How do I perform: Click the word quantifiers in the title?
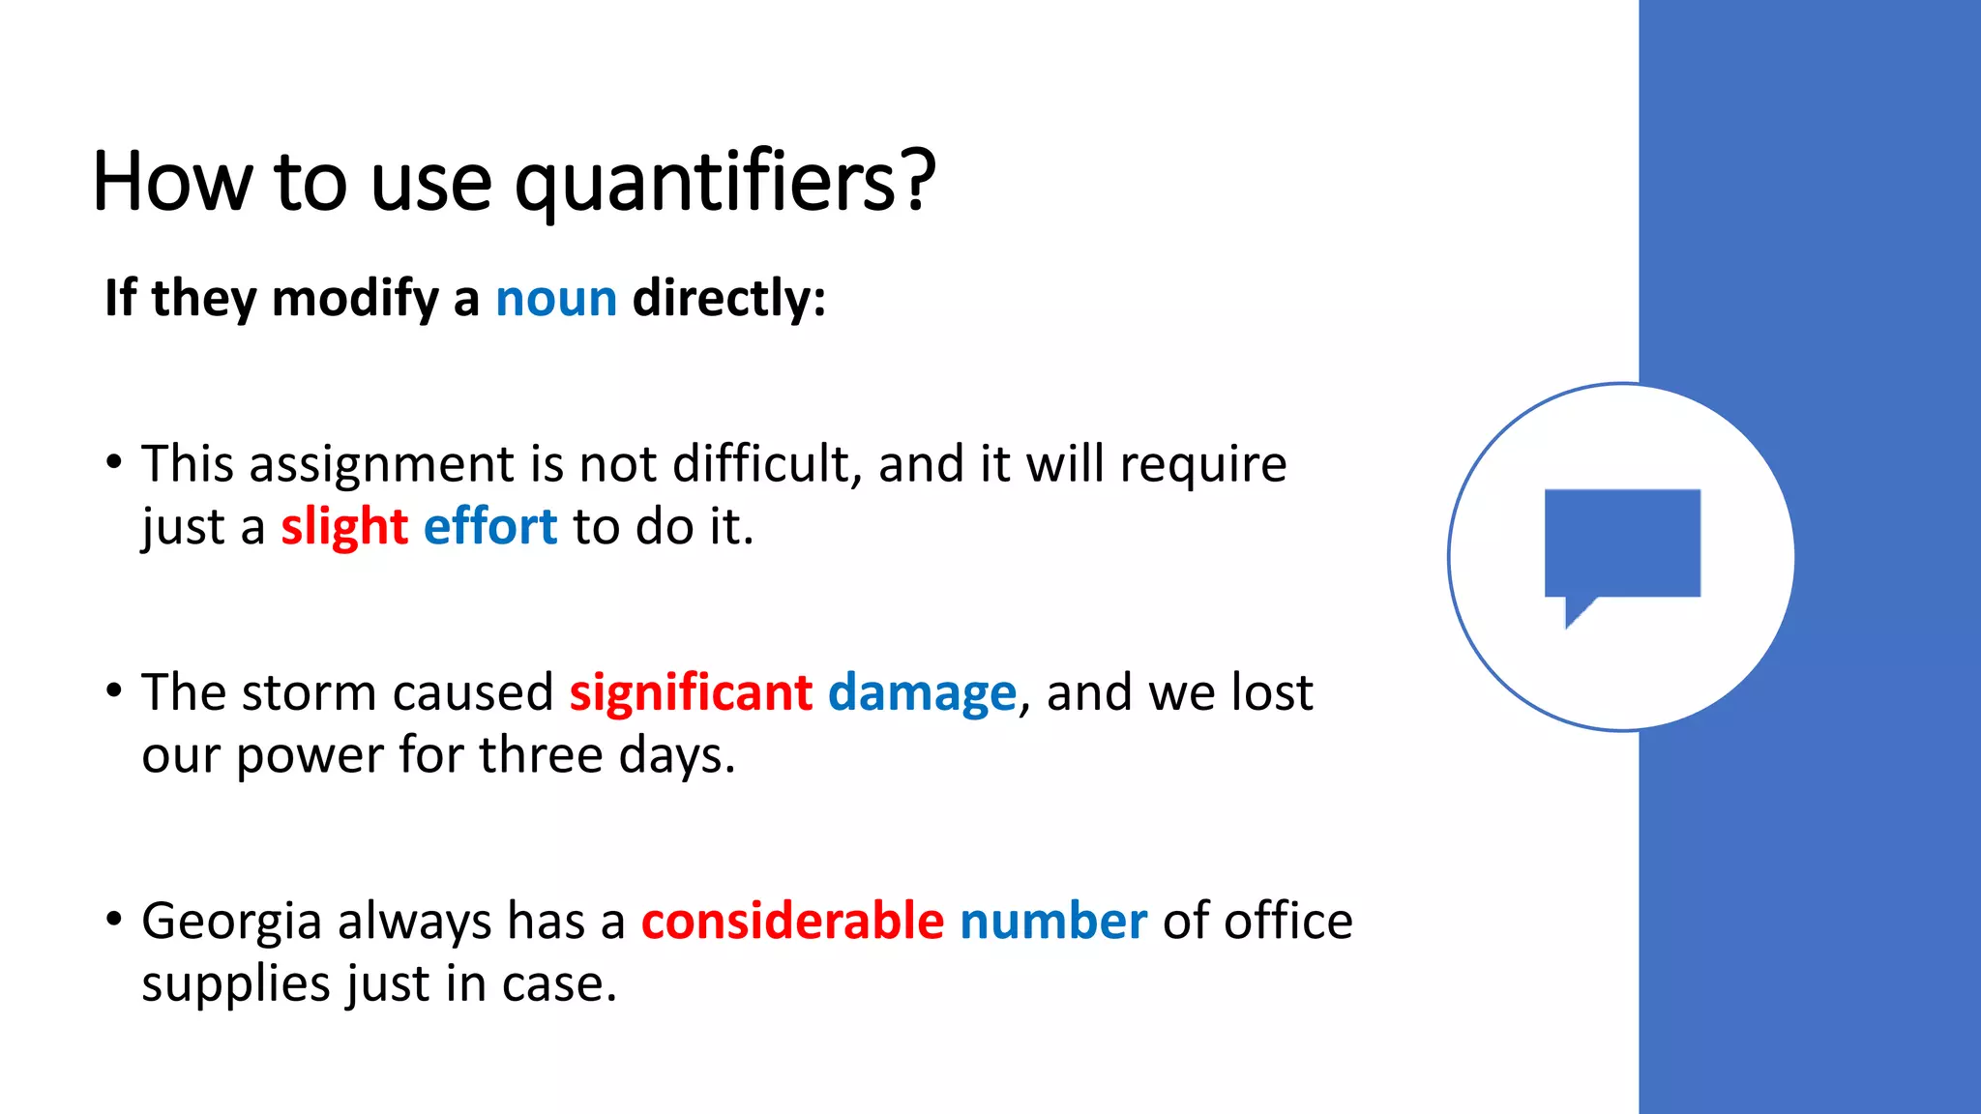tap(724, 182)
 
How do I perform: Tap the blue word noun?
tap(556, 298)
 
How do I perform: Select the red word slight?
tap(344, 528)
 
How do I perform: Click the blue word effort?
tap(490, 527)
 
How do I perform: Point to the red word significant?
tap(691, 693)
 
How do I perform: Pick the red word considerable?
tap(792, 921)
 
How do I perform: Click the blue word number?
tap(1052, 921)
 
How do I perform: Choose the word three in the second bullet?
tap(541, 755)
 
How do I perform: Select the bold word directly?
tap(728, 298)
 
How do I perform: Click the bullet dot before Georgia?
tap(114, 918)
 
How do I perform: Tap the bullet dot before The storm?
tap(114, 690)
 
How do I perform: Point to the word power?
tap(310, 756)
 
